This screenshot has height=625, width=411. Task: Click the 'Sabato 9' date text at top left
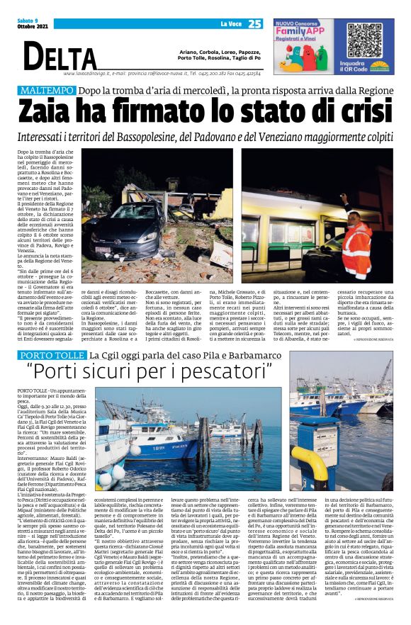[x=28, y=21]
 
